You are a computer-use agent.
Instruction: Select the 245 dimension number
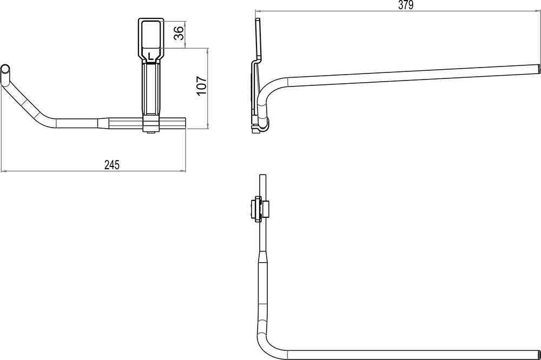(112, 165)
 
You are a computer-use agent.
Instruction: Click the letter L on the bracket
(150, 55)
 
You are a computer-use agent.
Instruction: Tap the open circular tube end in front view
(5, 69)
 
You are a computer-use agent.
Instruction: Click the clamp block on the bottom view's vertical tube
(258, 210)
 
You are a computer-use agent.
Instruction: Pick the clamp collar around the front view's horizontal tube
(151, 123)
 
